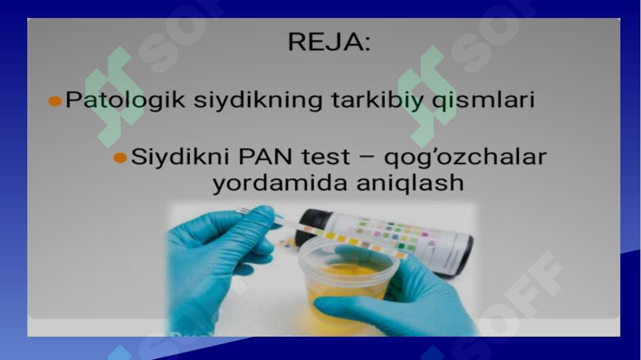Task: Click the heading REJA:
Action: (x=328, y=43)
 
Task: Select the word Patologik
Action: (x=125, y=101)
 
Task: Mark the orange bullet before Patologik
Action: (x=55, y=102)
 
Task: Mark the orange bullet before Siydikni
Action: (x=120, y=158)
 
